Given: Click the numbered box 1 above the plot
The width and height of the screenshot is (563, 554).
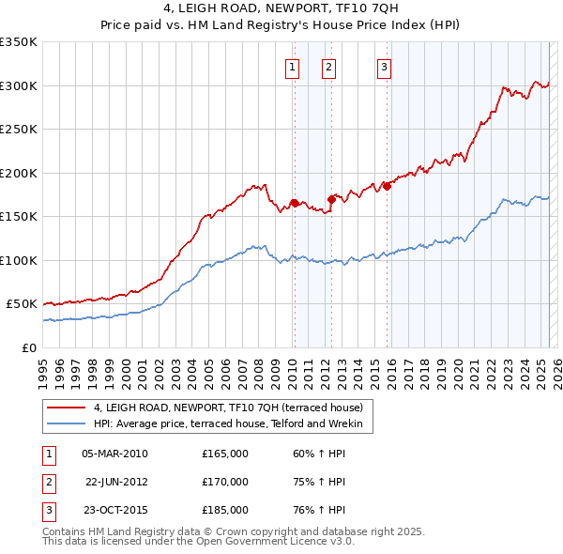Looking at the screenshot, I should (x=293, y=66).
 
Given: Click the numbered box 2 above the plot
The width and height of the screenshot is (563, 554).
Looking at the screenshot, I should (x=329, y=66).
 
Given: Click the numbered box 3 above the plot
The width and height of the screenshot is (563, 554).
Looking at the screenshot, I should (x=385, y=66).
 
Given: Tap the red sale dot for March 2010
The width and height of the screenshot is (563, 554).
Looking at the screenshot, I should (x=294, y=202).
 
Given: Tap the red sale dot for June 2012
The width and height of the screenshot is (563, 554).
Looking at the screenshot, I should (x=331, y=198).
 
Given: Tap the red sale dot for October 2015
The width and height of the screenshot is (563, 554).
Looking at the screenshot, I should (x=387, y=186).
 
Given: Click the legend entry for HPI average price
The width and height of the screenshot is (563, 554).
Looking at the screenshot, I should (x=234, y=424).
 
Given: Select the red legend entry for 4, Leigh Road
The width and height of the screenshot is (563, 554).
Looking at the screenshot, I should (x=234, y=408).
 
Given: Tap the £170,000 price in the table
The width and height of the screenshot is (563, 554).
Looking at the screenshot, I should (x=224, y=482).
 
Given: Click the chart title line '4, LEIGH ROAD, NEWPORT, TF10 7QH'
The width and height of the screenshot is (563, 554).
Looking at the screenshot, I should (x=281, y=10).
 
